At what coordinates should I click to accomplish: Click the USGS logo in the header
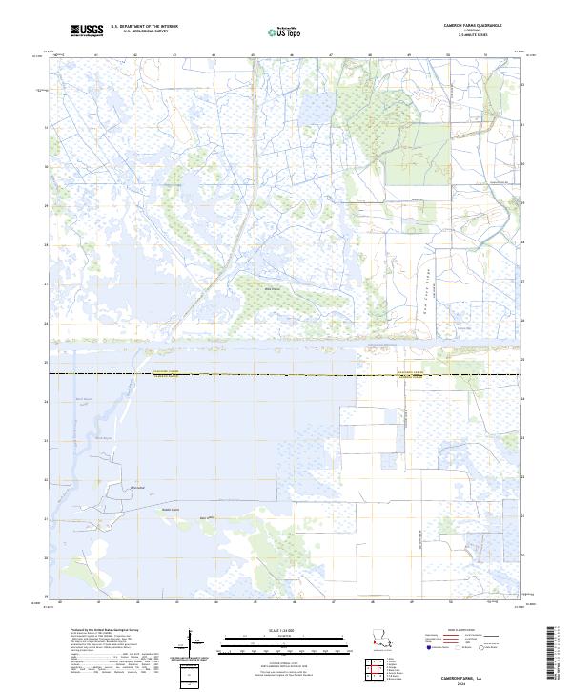tap(87, 31)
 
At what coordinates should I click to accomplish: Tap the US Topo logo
tap(272, 31)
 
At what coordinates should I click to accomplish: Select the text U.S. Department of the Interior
tap(144, 27)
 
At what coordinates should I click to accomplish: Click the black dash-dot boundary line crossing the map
tap(286, 374)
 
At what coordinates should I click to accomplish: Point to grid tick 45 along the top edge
tap(253, 54)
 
